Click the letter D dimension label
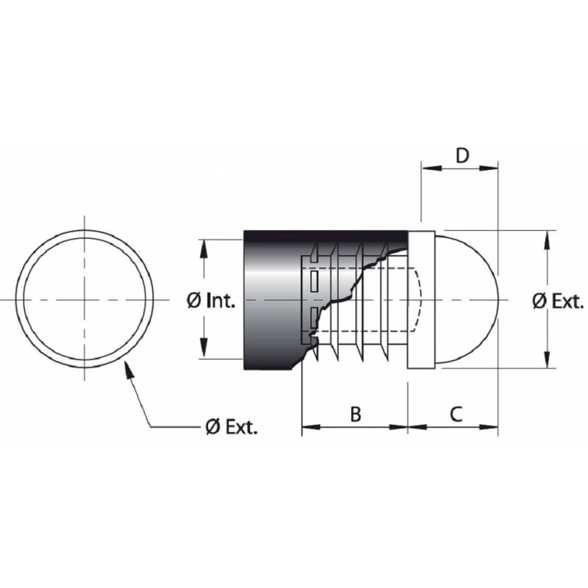tap(462, 155)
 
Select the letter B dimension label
tap(355, 414)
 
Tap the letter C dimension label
tap(456, 414)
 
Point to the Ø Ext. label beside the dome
tap(558, 301)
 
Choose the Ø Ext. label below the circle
tap(232, 427)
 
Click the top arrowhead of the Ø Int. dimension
tap(204, 247)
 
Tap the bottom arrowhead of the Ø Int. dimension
tap(204, 352)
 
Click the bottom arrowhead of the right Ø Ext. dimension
tap(547, 361)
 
